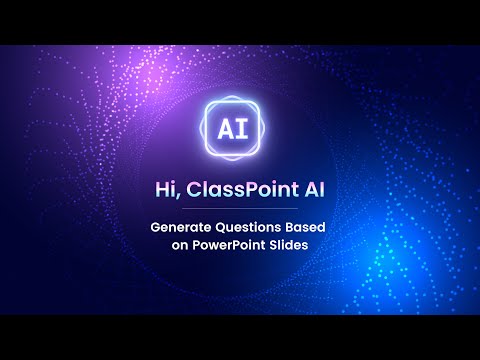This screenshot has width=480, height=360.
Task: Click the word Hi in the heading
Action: [166, 189]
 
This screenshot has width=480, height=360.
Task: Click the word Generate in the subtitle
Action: [181, 227]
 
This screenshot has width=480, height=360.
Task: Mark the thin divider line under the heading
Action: [240, 209]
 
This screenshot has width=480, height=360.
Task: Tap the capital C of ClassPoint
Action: [192, 189]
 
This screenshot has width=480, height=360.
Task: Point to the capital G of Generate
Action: [155, 227]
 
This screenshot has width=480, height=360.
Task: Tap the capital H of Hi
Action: [161, 189]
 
